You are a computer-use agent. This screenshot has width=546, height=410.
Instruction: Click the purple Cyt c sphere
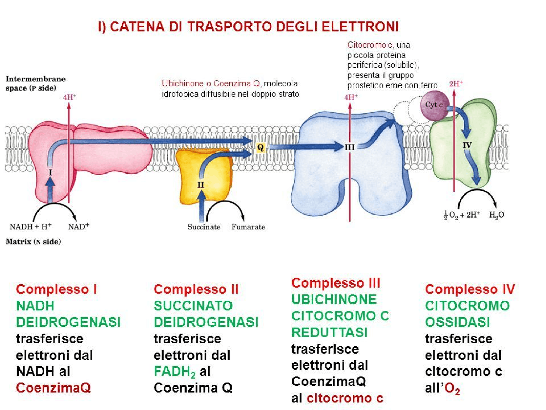[434, 105]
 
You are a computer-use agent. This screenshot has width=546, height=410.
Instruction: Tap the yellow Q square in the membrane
[261, 147]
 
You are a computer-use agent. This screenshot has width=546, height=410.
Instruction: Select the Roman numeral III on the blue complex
[349, 147]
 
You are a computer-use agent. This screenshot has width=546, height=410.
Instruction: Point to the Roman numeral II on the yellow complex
[201, 185]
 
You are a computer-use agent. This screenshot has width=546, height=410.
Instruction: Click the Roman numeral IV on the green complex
[467, 145]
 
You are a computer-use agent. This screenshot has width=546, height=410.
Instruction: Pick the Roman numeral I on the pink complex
[50, 173]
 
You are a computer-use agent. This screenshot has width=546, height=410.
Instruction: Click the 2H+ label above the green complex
[456, 84]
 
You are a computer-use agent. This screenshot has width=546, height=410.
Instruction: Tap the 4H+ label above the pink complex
[69, 97]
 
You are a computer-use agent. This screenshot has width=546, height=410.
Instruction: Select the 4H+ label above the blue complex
[351, 97]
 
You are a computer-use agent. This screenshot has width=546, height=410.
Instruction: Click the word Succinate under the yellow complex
[204, 227]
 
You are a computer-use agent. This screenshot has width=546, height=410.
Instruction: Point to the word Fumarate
[248, 227]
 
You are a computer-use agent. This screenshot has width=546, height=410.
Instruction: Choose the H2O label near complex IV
[496, 215]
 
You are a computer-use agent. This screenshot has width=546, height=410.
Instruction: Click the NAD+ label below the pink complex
[78, 227]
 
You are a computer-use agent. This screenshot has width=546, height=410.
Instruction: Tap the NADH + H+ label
[31, 227]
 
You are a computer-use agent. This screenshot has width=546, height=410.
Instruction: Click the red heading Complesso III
[336, 283]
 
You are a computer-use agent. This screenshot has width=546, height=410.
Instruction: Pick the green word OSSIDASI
[457, 322]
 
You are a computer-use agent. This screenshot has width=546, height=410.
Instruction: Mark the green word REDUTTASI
[329, 332]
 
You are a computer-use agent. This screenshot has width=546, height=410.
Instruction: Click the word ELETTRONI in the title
[360, 27]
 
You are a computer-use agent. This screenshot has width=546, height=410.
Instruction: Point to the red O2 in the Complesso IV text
[452, 388]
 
